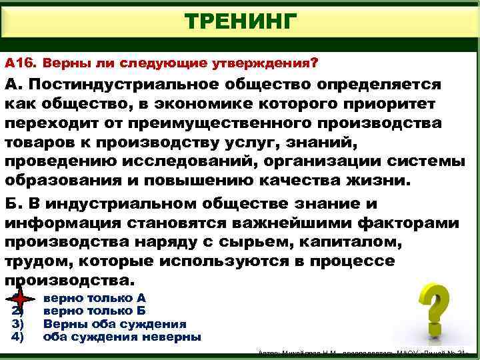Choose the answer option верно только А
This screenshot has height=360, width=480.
(x=94, y=299)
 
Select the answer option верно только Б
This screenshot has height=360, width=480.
(x=94, y=311)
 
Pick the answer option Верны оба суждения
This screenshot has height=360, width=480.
(x=114, y=324)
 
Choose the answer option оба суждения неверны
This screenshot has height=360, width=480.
(x=122, y=337)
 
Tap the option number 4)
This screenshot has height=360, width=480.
(x=18, y=337)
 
